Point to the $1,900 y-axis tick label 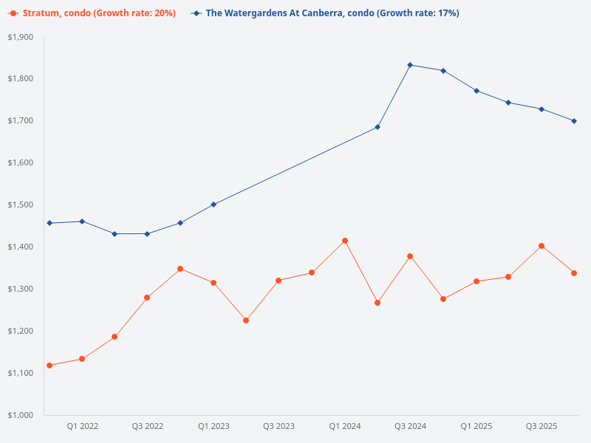point(21,37)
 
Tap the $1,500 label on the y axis point(21,205)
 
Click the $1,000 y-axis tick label point(21,415)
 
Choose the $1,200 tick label point(21,331)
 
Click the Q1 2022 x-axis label point(82,426)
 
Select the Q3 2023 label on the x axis point(279,426)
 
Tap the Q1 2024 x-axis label point(345,426)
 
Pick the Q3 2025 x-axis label point(542,426)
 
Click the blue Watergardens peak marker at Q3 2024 point(410,65)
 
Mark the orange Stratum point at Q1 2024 point(345,241)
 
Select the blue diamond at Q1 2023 point(213,205)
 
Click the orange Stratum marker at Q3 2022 point(147,298)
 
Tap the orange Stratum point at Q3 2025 point(542,246)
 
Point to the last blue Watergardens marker point(574,121)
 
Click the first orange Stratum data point point(49,365)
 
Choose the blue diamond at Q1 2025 point(476,91)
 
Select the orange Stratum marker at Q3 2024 point(410,256)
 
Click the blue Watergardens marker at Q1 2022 point(82,221)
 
